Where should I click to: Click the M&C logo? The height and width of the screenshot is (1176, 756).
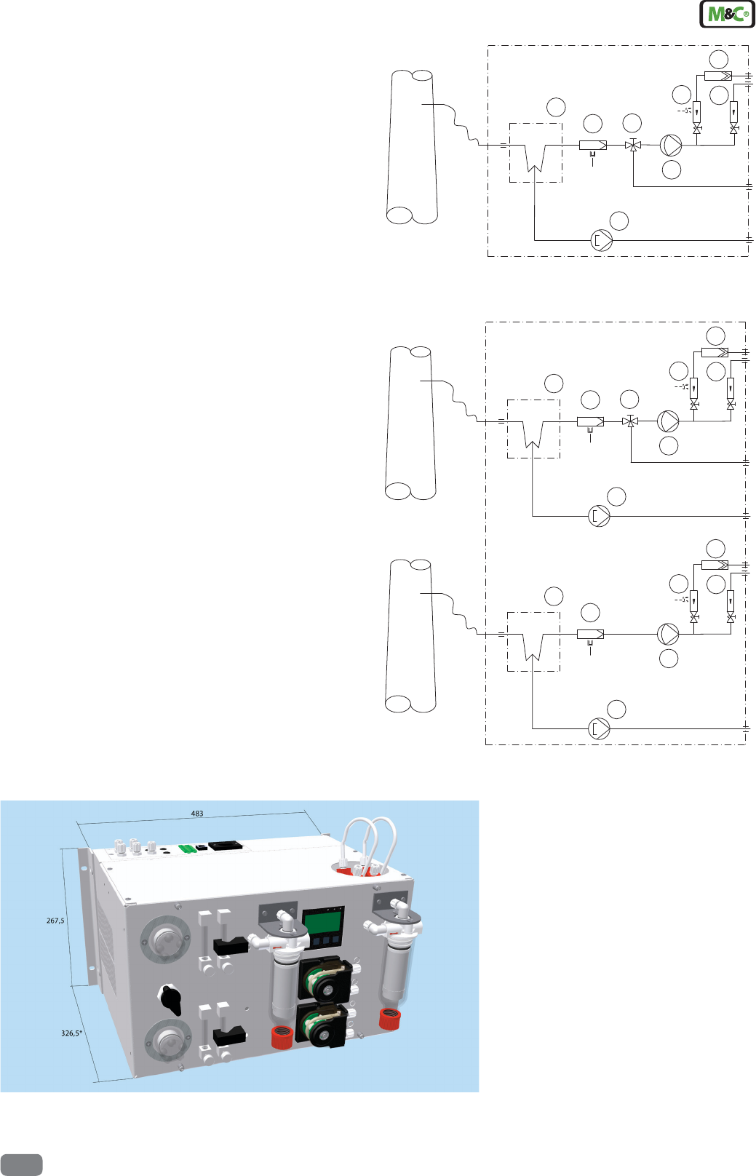coord(727,15)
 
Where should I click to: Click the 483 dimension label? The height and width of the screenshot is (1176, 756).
coord(196,814)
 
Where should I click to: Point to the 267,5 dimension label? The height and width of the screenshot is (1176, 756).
coord(55,921)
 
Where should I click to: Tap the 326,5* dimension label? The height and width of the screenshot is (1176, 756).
coord(71,1033)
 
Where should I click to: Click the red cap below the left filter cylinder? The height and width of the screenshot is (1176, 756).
coord(282,1038)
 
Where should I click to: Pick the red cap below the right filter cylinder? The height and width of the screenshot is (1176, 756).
coord(390,1019)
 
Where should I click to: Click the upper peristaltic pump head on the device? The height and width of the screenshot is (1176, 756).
coord(325,980)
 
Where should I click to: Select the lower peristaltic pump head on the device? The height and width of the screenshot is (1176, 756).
coord(323,1026)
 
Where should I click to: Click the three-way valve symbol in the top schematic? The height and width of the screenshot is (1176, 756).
coord(633,146)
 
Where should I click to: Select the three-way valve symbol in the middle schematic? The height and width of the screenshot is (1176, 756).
coord(630,421)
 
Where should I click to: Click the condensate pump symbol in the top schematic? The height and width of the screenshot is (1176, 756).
coord(602,240)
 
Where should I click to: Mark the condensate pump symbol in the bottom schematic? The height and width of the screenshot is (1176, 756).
coord(599,728)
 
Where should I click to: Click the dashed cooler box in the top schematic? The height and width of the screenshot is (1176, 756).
coord(536,153)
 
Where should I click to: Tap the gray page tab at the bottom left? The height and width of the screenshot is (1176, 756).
coord(21,1164)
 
